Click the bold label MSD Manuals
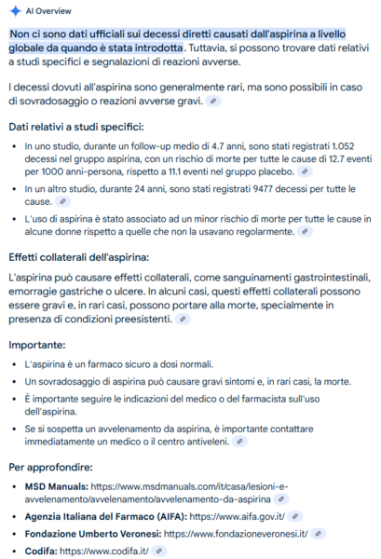pos(57,486)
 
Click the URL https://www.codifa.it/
pos(104,552)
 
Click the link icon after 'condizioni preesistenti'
pos(184,319)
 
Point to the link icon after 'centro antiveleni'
pos(240,442)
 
